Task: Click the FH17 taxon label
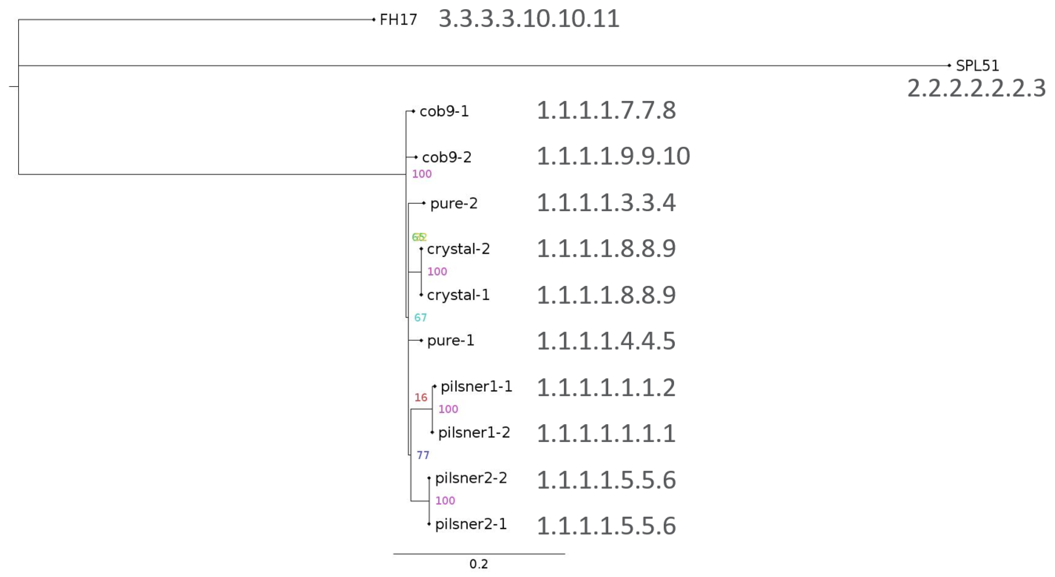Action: (x=398, y=20)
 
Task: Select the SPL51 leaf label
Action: (x=977, y=66)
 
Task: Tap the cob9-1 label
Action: (x=444, y=111)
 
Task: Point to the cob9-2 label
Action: (x=446, y=157)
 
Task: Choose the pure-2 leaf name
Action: (x=454, y=203)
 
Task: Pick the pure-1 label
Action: (x=450, y=341)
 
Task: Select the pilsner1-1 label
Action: (x=476, y=386)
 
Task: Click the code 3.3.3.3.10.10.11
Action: (x=529, y=19)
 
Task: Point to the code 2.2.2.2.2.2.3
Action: (x=976, y=89)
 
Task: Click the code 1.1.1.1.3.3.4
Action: (x=606, y=203)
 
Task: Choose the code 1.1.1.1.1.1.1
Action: (x=606, y=433)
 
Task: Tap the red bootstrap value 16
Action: (x=421, y=398)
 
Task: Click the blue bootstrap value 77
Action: (x=423, y=455)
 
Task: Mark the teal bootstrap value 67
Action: (x=420, y=318)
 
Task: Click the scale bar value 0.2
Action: (x=478, y=564)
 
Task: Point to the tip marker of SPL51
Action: (x=949, y=66)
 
